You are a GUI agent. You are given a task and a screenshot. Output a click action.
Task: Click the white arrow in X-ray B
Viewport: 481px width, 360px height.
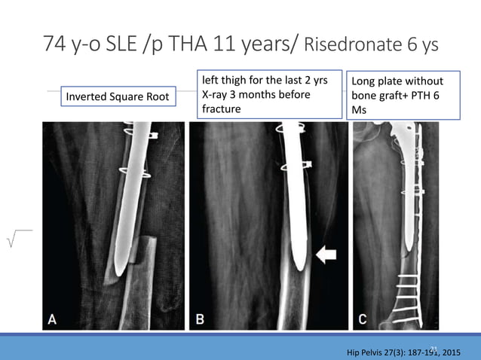(326, 256)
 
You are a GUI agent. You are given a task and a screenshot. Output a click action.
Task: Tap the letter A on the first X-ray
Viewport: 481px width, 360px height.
(52, 319)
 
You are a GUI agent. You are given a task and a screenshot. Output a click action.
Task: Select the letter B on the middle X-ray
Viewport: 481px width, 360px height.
(200, 319)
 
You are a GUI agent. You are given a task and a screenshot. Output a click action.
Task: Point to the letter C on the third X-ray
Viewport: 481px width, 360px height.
(363, 319)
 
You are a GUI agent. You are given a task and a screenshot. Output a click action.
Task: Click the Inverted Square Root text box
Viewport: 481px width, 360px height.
(118, 96)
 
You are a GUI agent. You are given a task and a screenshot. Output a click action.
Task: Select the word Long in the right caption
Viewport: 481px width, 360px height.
(365, 81)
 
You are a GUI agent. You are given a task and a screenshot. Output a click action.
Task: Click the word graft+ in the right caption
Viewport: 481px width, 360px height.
(397, 96)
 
